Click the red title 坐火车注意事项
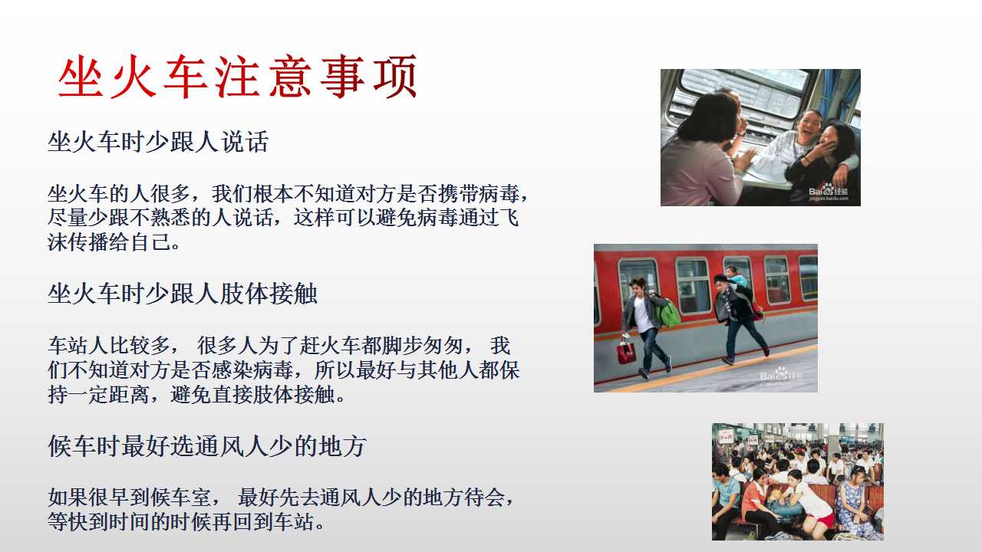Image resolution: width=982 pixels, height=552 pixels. point(237,77)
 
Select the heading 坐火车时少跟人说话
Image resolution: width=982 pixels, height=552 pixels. point(158,142)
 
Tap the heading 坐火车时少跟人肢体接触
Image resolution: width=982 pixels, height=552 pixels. point(183,294)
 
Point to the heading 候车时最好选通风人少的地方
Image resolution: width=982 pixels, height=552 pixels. point(207,446)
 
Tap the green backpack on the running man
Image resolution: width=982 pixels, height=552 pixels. point(669,312)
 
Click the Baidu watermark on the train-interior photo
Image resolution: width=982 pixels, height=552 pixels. point(828,192)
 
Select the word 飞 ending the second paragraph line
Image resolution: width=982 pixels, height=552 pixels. point(509,218)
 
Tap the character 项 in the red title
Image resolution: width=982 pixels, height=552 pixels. point(395,77)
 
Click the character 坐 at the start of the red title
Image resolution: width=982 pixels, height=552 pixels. point(80,77)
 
